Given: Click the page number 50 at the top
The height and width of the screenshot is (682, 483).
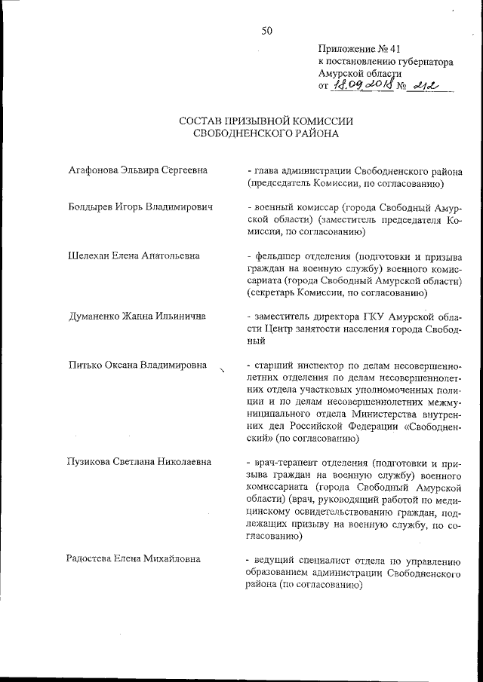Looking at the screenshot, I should point(266,31).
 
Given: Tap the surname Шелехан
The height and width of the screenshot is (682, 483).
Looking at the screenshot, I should point(89,255).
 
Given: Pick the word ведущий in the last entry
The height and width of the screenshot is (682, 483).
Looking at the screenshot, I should point(274,558).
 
